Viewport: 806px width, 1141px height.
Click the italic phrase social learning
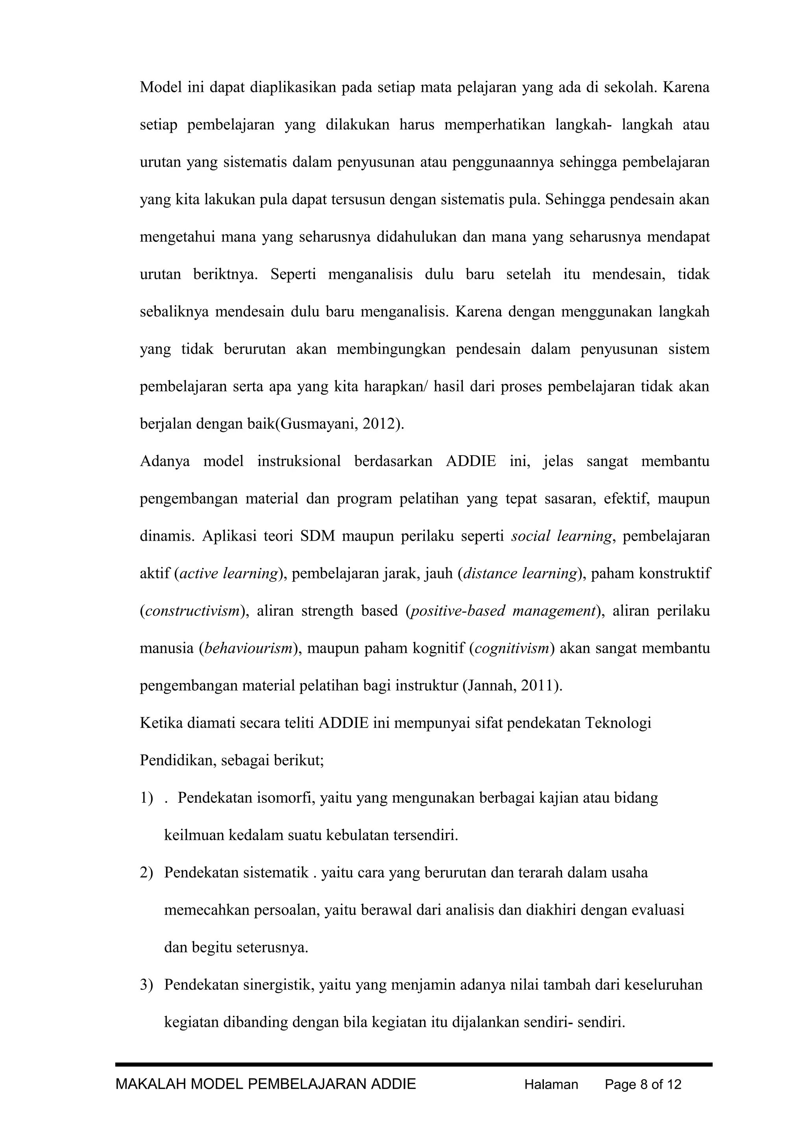[561, 536]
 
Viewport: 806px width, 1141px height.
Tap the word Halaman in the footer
[551, 1084]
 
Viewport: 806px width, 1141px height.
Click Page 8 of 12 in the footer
[643, 1084]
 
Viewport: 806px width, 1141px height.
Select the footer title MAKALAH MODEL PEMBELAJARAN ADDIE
[266, 1084]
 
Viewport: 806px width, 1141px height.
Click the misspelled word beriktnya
[226, 274]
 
